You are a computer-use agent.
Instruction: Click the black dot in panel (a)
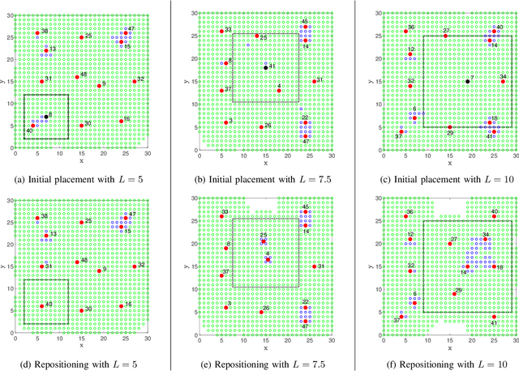46,117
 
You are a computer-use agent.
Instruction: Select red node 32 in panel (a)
135,81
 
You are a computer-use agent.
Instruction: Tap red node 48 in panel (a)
77,77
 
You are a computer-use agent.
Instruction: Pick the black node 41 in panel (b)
265,68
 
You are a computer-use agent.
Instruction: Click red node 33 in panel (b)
221,32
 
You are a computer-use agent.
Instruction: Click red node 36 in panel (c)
405,31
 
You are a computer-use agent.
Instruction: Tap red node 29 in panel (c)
450,126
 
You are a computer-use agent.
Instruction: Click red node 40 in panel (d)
42,306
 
